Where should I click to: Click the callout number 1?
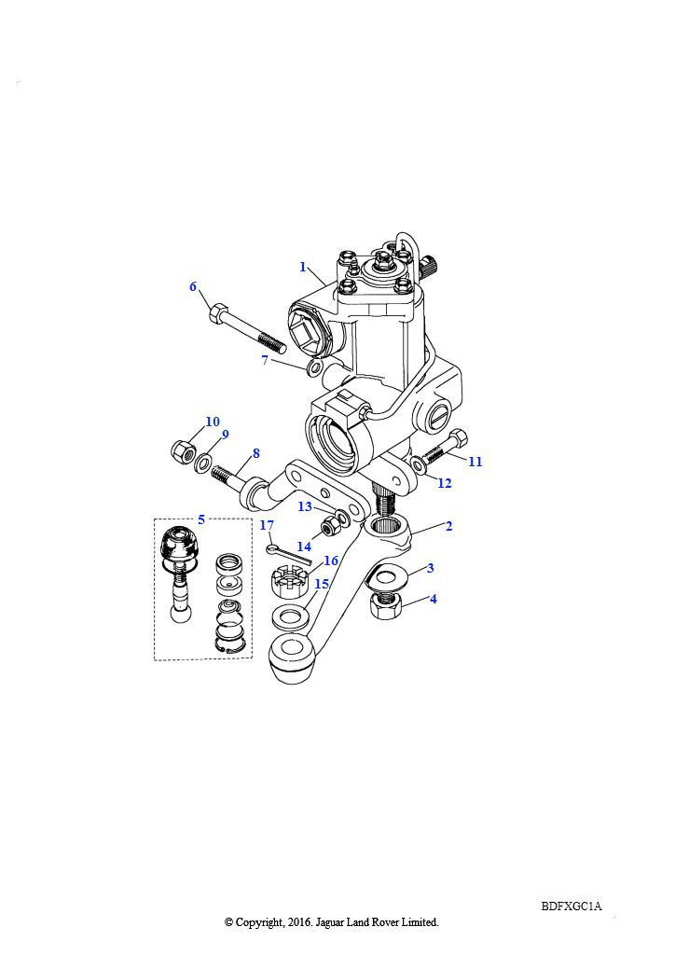[x=302, y=267]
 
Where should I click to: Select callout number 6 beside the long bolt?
[x=193, y=286]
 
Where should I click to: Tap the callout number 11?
[x=475, y=462]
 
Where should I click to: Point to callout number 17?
[x=267, y=525]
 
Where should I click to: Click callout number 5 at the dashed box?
[x=201, y=519]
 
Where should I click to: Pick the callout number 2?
[x=448, y=526]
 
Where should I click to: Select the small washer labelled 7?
[x=314, y=367]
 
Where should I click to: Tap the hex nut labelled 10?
[x=182, y=451]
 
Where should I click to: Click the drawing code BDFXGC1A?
[x=572, y=907]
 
